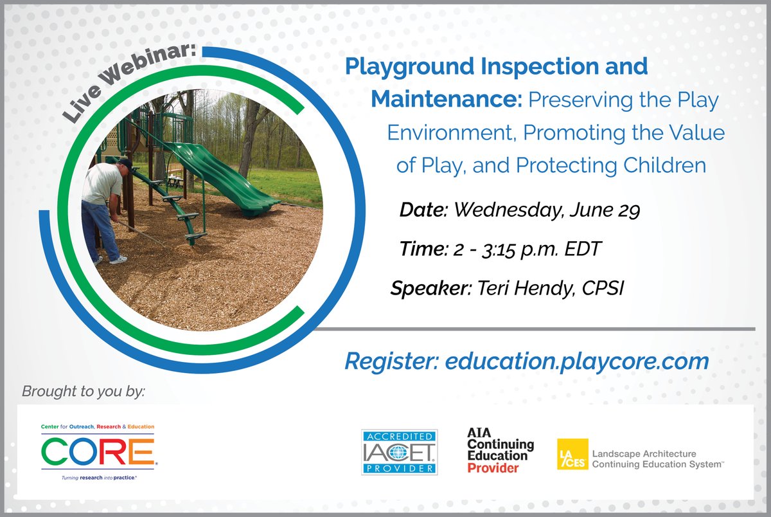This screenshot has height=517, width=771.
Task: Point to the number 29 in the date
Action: (x=628, y=211)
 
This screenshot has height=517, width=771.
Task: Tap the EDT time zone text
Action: (x=581, y=249)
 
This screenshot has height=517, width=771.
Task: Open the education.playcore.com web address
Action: (x=573, y=361)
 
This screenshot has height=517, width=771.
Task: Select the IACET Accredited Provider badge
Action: (x=399, y=451)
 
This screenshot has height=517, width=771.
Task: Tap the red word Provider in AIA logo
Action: (x=493, y=468)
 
